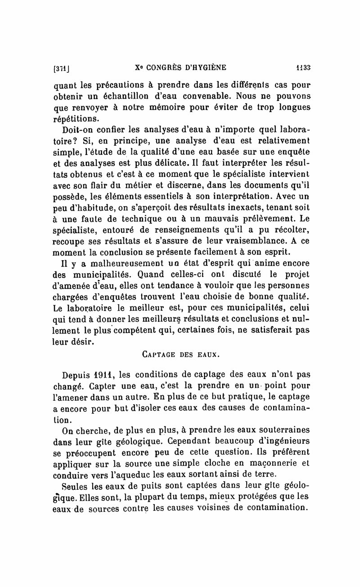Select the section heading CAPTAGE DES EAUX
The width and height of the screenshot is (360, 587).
click(x=180, y=355)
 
